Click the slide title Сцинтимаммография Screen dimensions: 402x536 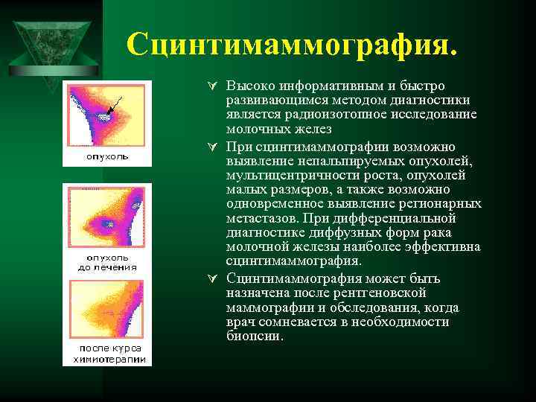tap(292, 44)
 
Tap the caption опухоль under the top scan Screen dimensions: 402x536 tap(106, 157)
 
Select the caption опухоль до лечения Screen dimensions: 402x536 tap(107, 262)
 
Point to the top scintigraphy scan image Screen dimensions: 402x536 tap(106, 116)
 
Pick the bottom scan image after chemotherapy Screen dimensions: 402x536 tap(106, 310)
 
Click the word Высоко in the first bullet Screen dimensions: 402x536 tap(246, 86)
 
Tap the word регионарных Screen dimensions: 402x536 tap(443, 204)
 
